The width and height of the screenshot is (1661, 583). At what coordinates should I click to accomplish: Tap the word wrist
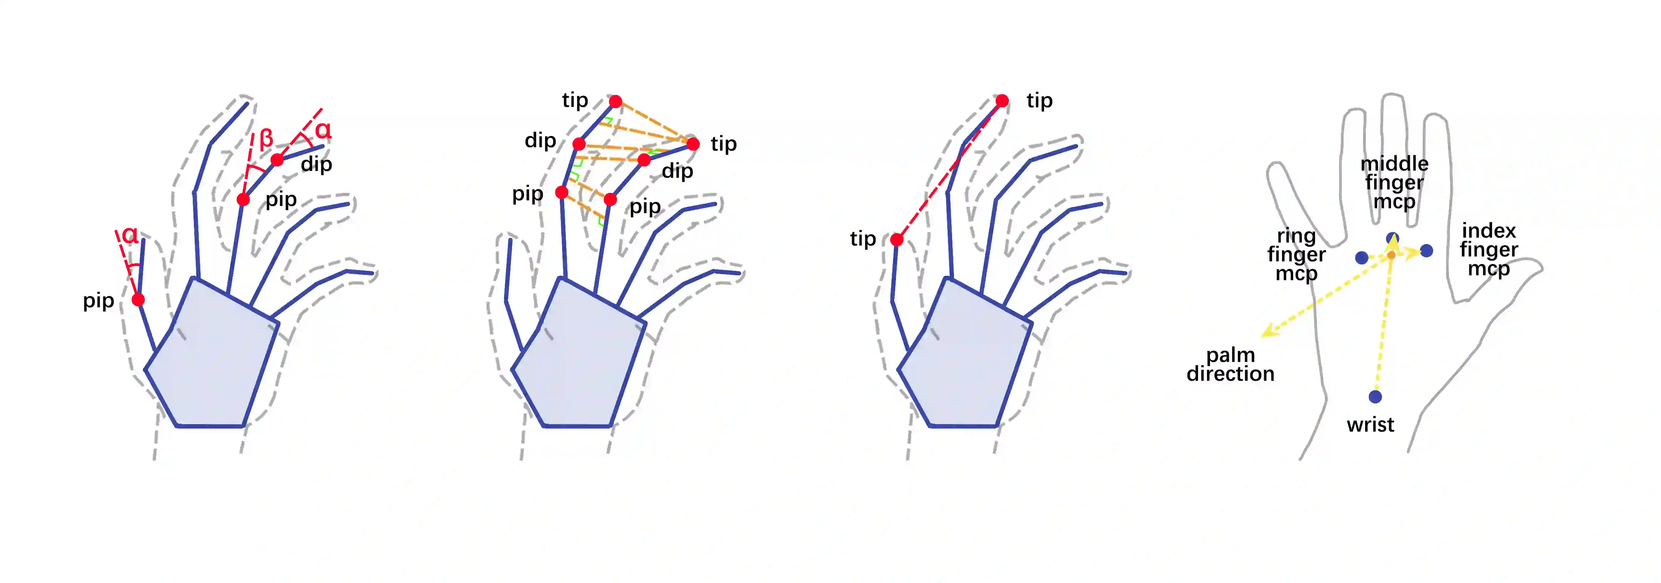pyautogui.click(x=1370, y=425)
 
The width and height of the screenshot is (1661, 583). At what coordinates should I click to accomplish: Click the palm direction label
pyautogui.click(x=1230, y=365)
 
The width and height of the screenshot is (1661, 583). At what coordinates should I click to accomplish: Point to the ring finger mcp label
pyautogui.click(x=1296, y=255)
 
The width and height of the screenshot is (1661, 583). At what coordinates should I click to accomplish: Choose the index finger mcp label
pyautogui.click(x=1489, y=250)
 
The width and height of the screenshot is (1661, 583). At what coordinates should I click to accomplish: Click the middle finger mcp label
pyautogui.click(x=1394, y=183)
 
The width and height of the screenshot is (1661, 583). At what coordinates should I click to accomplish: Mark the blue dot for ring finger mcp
pyautogui.click(x=1362, y=258)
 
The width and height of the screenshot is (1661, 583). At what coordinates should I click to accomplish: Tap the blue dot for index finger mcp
pyautogui.click(x=1426, y=250)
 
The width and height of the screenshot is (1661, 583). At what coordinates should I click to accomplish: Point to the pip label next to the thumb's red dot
pyautogui.click(x=99, y=301)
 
